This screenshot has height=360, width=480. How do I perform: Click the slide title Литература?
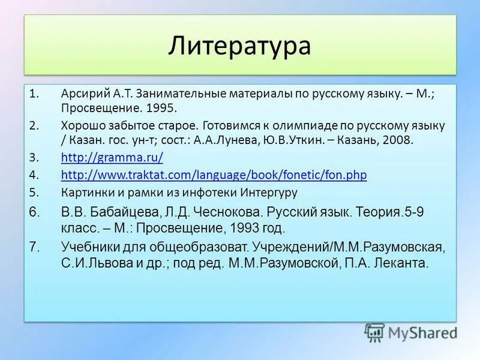(239, 46)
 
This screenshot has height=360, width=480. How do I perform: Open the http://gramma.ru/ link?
(112, 158)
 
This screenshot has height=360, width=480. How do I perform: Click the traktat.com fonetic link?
(214, 175)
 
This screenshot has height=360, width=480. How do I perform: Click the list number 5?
(34, 193)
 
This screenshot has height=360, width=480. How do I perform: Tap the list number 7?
(34, 247)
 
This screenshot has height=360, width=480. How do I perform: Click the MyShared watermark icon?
(374, 332)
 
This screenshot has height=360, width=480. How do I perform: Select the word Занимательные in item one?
(176, 94)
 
